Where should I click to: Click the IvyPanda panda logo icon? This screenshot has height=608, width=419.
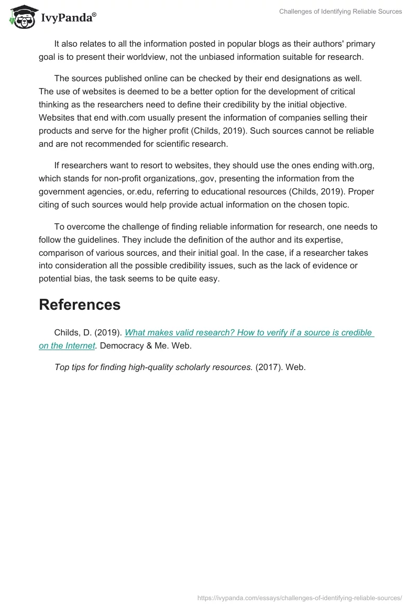(22, 17)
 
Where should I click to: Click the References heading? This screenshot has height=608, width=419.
(80, 305)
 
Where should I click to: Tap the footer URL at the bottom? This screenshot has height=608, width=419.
(300, 598)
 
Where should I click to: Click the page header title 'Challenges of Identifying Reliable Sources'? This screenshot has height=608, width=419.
(340, 12)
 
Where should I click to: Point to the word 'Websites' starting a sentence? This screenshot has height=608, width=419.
(56, 117)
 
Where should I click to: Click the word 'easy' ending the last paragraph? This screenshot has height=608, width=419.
(209, 279)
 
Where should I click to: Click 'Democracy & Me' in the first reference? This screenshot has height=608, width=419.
(131, 345)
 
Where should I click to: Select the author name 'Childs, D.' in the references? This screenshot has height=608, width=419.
(73, 332)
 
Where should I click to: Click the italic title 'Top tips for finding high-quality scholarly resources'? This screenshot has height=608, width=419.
(153, 367)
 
